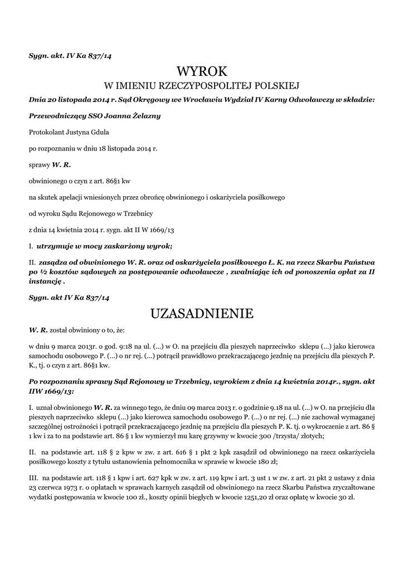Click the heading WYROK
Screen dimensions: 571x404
click(x=202, y=71)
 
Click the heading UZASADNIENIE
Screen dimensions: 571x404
click(x=202, y=314)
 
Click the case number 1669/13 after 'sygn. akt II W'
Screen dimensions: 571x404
click(x=162, y=229)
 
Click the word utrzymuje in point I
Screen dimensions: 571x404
click(x=57, y=245)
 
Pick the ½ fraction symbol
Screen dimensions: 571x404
click(x=43, y=272)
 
